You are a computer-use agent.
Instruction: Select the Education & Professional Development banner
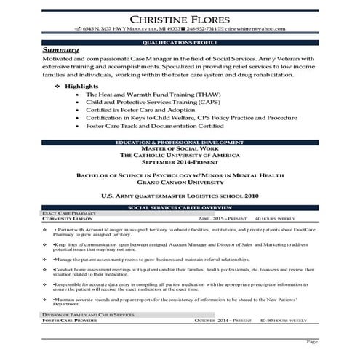point(180,137)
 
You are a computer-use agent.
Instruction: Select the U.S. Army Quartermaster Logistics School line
point(180,195)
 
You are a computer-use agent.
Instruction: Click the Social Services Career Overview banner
point(180,207)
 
